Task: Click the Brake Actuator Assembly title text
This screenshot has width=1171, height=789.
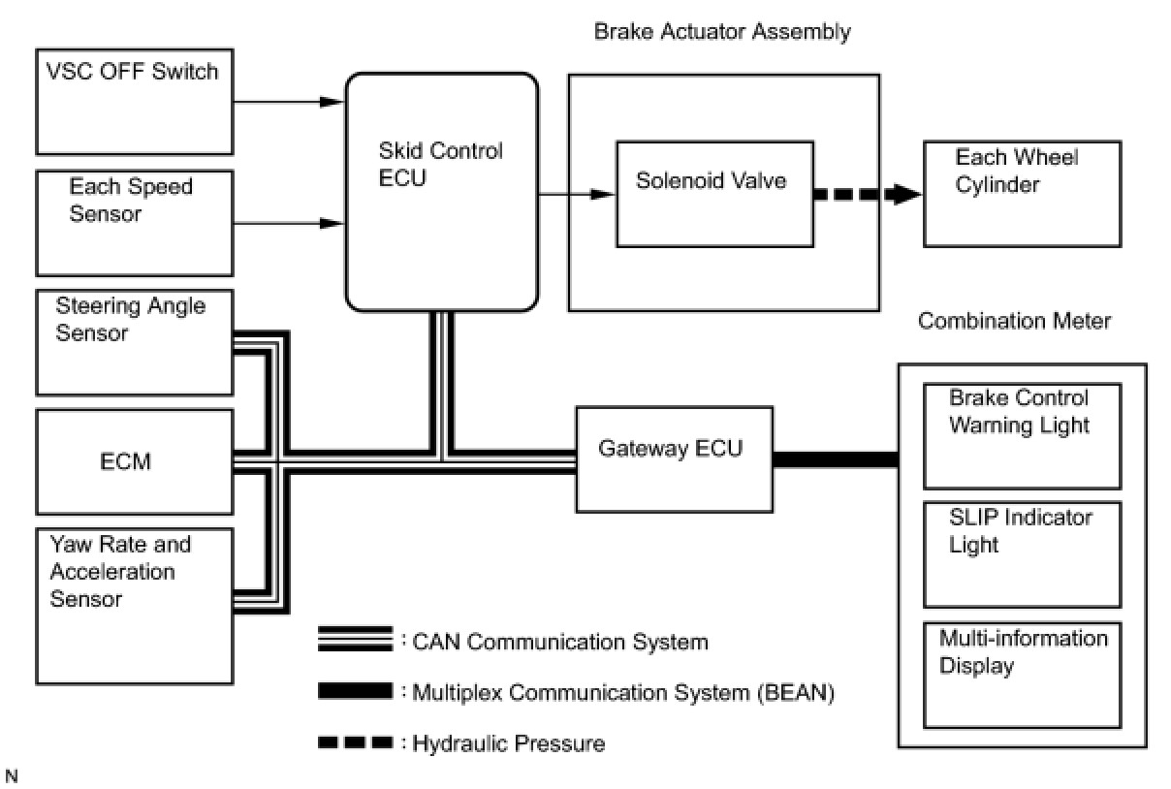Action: point(722,32)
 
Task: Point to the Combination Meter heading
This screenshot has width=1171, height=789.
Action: point(1014,321)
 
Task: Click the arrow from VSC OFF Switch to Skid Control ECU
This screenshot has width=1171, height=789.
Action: point(289,102)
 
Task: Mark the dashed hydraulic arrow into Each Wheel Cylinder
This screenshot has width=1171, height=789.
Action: point(869,195)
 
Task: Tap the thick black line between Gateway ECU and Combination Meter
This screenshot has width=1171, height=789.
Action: point(836,459)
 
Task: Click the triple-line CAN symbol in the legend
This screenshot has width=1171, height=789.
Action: point(356,639)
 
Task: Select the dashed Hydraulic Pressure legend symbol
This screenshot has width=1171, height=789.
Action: point(356,742)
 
